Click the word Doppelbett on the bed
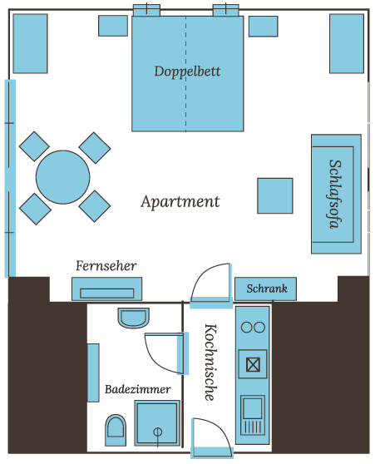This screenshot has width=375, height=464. (187, 72)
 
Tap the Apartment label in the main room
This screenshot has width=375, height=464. (180, 202)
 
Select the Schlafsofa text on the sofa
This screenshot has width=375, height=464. (336, 194)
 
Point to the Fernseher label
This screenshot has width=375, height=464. (106, 266)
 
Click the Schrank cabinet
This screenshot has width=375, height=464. (265, 289)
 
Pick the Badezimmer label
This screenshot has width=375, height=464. (138, 389)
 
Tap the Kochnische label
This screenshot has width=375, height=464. (211, 363)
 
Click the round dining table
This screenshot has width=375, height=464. (62, 177)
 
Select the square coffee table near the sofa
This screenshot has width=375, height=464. (275, 195)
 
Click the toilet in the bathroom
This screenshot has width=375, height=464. (116, 430)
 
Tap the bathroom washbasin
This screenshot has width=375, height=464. (134, 318)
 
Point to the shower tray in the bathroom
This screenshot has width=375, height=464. (157, 423)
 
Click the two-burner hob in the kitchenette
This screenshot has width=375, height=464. (253, 328)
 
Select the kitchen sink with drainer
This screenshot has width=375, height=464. (253, 416)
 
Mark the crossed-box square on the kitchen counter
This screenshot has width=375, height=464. (253, 364)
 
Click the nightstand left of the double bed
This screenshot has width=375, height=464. (113, 26)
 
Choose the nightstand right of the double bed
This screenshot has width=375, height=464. (263, 27)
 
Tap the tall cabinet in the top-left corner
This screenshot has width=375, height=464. (30, 43)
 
